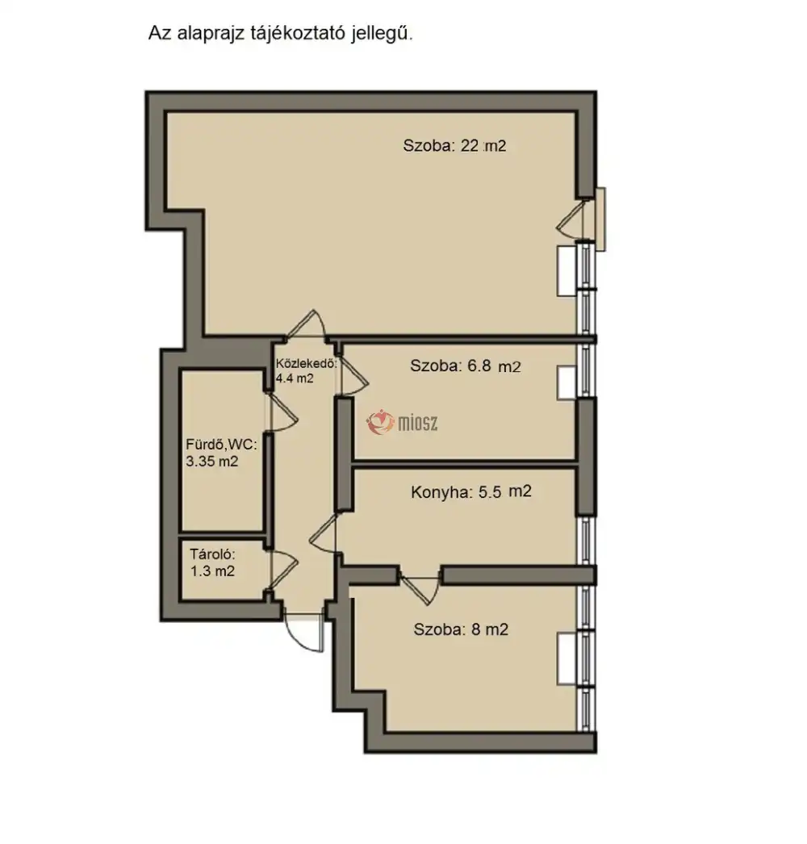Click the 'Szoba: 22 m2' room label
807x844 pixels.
tap(454, 146)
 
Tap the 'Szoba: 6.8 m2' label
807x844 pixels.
tap(465, 366)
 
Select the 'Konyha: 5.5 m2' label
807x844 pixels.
tap(471, 492)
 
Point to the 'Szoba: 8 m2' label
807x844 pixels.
tap(461, 629)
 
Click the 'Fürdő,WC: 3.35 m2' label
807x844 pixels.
tap(221, 453)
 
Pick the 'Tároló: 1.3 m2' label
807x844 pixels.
tap(212, 562)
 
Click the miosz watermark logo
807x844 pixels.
tap(402, 423)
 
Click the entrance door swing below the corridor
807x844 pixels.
tap(303, 633)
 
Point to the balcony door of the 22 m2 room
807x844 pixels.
tap(571, 219)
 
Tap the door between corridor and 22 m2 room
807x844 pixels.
tap(306, 324)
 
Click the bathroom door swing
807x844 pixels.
tap(282, 412)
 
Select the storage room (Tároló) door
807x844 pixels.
tap(283, 570)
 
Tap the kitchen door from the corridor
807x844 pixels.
tap(323, 533)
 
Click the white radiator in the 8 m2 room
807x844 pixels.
tap(567, 659)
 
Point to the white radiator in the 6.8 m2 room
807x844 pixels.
tap(567, 383)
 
